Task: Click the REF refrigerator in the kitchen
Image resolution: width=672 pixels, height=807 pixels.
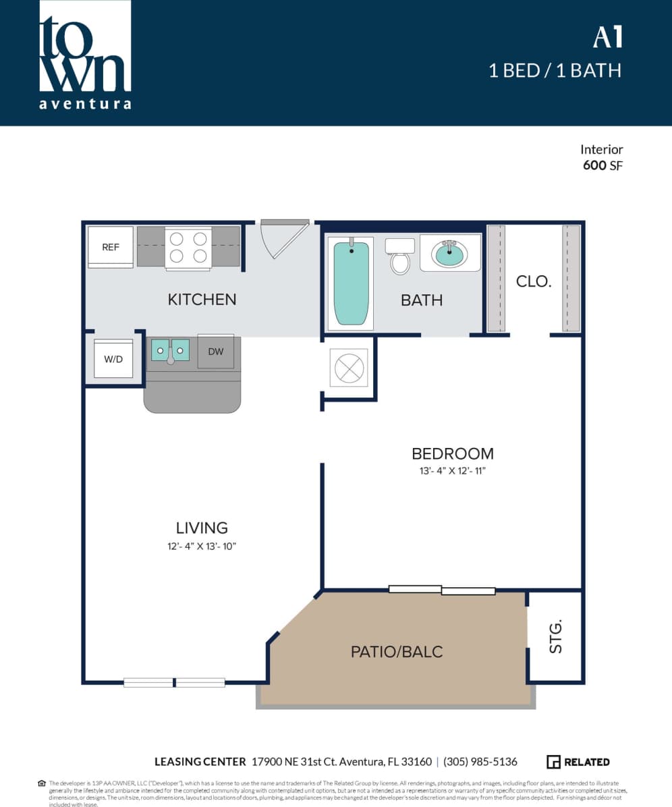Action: click(x=111, y=247)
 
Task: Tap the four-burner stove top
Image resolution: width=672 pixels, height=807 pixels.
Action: click(x=188, y=247)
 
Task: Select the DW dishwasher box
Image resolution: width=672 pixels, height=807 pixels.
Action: click(x=215, y=352)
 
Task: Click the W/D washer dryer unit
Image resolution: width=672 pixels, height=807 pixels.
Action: click(x=113, y=358)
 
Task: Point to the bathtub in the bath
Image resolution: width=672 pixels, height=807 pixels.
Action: click(x=352, y=283)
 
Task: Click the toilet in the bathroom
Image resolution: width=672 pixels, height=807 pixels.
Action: click(x=400, y=257)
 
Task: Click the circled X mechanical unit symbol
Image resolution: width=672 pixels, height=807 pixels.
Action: click(x=349, y=368)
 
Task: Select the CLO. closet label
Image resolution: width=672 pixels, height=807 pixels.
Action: click(x=534, y=281)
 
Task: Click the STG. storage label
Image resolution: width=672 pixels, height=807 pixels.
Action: click(x=555, y=637)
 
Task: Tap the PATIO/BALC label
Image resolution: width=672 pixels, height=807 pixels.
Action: click(x=397, y=652)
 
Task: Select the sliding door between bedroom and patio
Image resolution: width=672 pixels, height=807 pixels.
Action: click(x=442, y=590)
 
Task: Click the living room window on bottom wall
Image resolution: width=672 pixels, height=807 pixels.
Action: click(x=174, y=683)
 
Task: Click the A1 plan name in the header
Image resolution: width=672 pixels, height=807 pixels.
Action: click(x=607, y=38)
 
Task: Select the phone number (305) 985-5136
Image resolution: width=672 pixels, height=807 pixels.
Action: click(x=480, y=762)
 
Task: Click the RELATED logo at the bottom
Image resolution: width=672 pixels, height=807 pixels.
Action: click(x=578, y=762)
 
